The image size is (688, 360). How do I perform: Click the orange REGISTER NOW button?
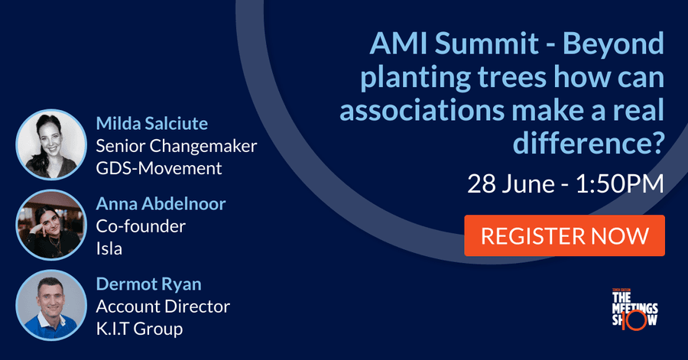coord(564,235)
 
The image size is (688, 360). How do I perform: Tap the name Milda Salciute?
coord(152,124)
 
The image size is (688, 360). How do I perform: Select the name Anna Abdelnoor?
coord(161,204)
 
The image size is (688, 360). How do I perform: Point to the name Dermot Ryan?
coord(149,284)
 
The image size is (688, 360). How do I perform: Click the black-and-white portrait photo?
coord(51,144)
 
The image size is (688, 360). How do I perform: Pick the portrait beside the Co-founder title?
coord(51,225)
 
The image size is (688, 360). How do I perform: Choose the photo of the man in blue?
coord(51,305)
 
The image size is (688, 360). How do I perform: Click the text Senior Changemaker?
coord(177,146)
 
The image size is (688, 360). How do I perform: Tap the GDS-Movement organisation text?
coord(159,168)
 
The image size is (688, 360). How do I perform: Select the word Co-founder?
coord(141,226)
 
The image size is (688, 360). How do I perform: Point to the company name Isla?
coord(109,248)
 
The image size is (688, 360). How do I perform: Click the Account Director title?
coord(163,306)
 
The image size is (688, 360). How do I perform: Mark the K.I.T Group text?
coord(140,329)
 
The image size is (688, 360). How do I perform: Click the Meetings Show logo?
coord(634,309)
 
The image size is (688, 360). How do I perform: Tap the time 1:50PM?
coord(619,183)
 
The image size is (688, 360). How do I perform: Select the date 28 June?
coord(511,183)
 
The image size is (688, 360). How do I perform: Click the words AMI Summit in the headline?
coord(454,43)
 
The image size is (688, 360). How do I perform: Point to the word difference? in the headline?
coord(589,143)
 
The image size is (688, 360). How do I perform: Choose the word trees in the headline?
coord(511,76)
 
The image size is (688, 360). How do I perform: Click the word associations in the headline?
coord(422,110)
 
